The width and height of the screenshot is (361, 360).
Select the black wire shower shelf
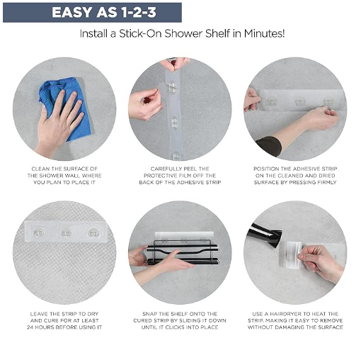183,252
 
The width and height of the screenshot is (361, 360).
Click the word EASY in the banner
71,12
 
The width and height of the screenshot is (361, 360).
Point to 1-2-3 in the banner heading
139,12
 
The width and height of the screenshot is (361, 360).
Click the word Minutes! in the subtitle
264,33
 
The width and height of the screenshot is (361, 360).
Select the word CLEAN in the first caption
40,169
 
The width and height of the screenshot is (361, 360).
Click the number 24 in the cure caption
30,327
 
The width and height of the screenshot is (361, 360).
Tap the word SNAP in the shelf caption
149,314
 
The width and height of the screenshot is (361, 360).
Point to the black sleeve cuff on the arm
270,145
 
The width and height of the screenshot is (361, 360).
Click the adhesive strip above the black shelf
184,236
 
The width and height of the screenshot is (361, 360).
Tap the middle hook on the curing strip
65,233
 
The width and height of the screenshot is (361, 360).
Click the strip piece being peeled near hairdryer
293,255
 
